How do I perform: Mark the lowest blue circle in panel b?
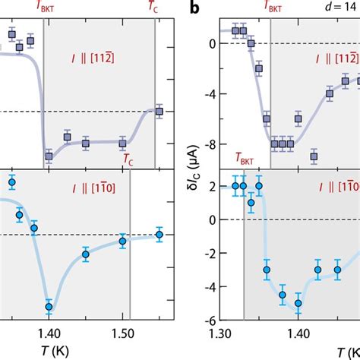click(x=298, y=324)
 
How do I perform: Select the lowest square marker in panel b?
click(x=314, y=157)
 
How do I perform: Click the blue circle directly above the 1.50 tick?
click(x=122, y=242)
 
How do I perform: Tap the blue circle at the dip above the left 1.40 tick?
click(x=49, y=308)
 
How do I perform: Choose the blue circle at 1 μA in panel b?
click(x=251, y=203)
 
